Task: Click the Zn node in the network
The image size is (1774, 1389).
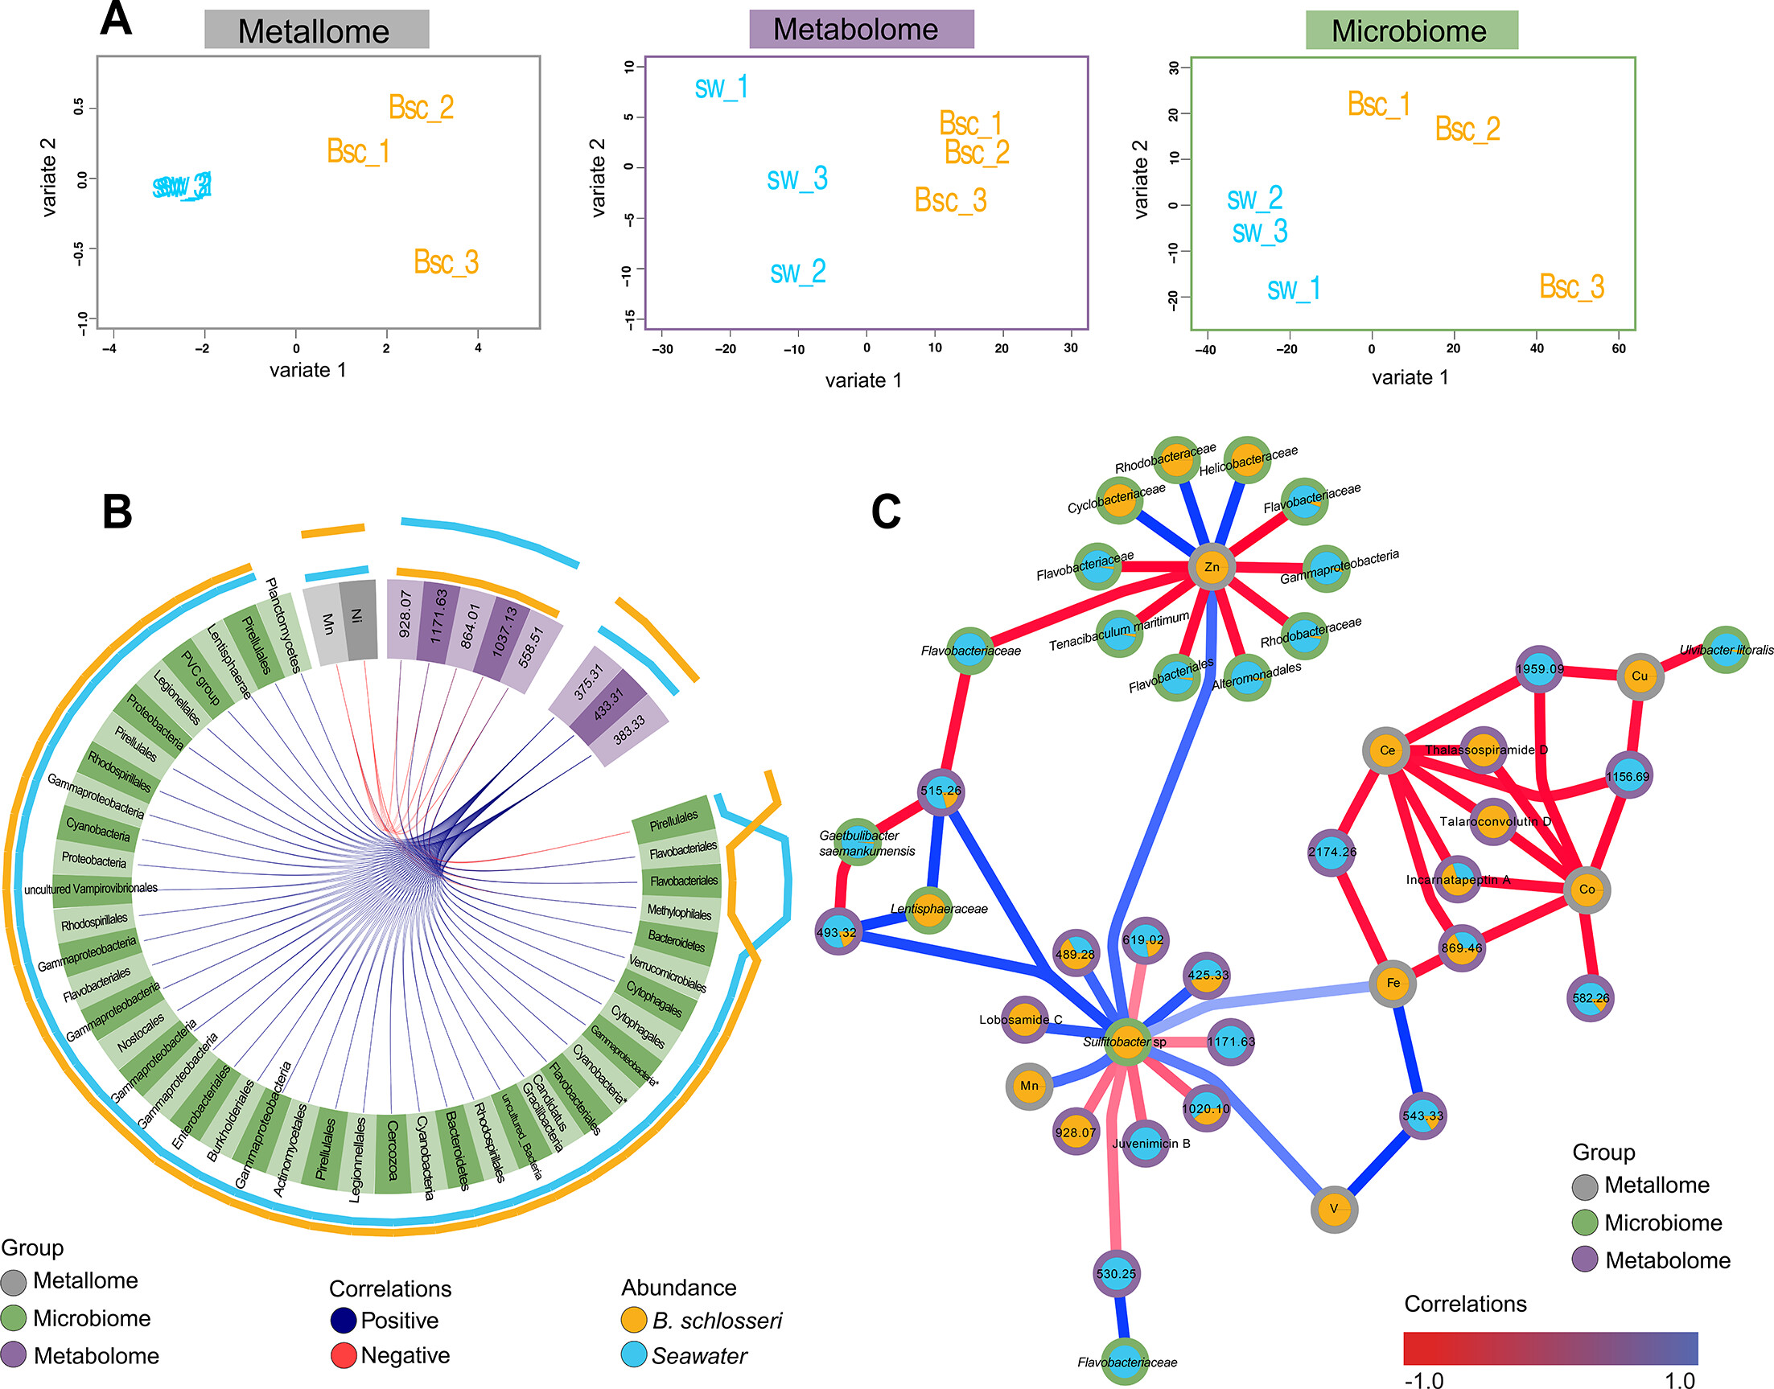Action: pyautogui.click(x=1212, y=567)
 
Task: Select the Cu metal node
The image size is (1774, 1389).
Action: pyautogui.click(x=1639, y=676)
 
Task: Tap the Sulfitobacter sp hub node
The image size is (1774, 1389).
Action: pyautogui.click(x=1126, y=1042)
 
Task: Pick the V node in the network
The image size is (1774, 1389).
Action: pyautogui.click(x=1334, y=1210)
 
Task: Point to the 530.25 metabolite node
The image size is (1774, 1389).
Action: pyautogui.click(x=1116, y=1274)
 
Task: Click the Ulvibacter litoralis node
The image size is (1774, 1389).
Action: pyautogui.click(x=1725, y=650)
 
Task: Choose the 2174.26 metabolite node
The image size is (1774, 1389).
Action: pyautogui.click(x=1332, y=853)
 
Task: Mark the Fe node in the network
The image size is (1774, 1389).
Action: pyautogui.click(x=1393, y=983)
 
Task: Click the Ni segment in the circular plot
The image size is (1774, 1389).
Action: pyautogui.click(x=359, y=618)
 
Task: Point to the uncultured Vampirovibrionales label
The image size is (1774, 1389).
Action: pyautogui.click(x=91, y=889)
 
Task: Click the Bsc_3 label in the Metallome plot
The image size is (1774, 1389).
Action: pyautogui.click(x=446, y=262)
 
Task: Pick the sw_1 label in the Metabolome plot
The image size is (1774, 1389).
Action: pyautogui.click(x=722, y=87)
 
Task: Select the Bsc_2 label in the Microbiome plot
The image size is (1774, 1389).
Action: pyautogui.click(x=1467, y=129)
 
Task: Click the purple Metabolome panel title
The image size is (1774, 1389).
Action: pyautogui.click(x=861, y=29)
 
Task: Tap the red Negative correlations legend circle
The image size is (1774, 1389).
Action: pyautogui.click(x=344, y=1356)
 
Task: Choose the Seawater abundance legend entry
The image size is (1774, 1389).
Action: pyautogui.click(x=698, y=1356)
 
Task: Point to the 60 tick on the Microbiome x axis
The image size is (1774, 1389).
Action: pyautogui.click(x=1619, y=349)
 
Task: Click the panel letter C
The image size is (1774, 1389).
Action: pyautogui.click(x=886, y=512)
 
